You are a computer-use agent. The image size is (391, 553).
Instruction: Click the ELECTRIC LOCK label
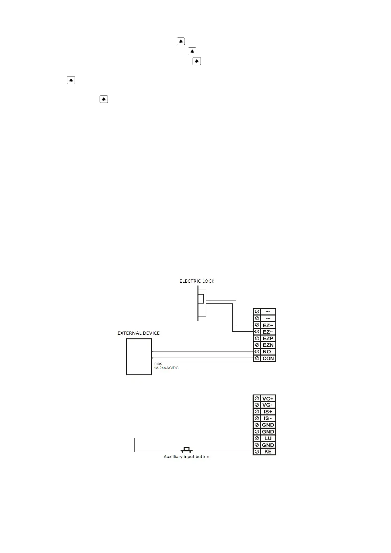pyautogui.click(x=197, y=281)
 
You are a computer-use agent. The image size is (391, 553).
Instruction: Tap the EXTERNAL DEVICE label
pyautogui.click(x=138, y=333)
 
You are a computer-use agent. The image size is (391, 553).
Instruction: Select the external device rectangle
pyautogui.click(x=139, y=357)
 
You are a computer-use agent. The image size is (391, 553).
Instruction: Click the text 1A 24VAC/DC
pyautogui.click(x=166, y=368)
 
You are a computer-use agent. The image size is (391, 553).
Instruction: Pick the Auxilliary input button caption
pyautogui.click(x=186, y=456)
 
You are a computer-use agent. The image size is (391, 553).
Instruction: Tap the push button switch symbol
pyautogui.click(x=187, y=450)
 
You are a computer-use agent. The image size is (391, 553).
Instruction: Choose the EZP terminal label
pyautogui.click(x=268, y=338)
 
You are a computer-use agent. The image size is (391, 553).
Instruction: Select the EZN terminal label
pyautogui.click(x=268, y=345)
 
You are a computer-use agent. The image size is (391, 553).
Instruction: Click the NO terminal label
pyautogui.click(x=267, y=352)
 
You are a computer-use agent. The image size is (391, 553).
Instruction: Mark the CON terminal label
pyautogui.click(x=268, y=359)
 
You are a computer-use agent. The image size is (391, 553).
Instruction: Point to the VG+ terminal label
pyautogui.click(x=268, y=399)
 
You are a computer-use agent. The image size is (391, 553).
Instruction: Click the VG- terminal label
pyautogui.click(x=267, y=405)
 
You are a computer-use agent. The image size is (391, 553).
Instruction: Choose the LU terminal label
pyautogui.click(x=268, y=438)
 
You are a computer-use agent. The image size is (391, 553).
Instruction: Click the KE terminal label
pyautogui.click(x=268, y=452)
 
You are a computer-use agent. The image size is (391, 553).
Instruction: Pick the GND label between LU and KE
pyautogui.click(x=268, y=445)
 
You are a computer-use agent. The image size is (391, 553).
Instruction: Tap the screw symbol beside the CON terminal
pyautogui.click(x=257, y=358)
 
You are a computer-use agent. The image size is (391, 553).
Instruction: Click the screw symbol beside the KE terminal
pyautogui.click(x=257, y=452)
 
